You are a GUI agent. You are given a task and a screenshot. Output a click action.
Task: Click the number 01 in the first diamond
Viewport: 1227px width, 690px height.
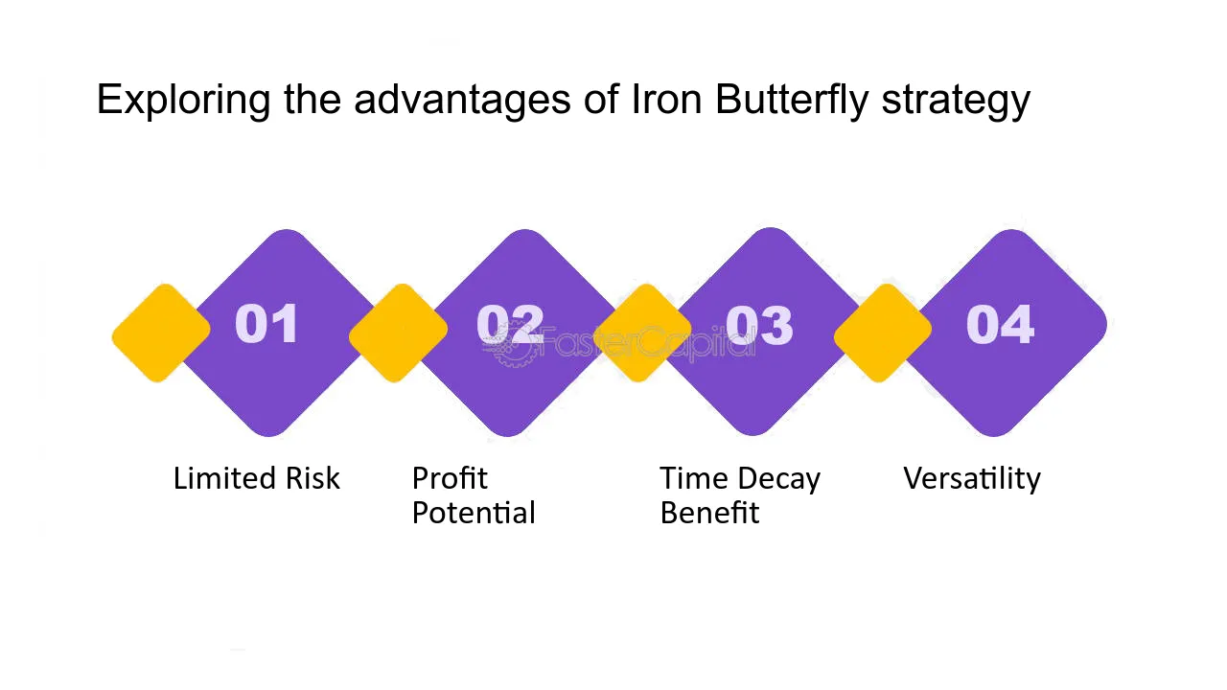tap(266, 324)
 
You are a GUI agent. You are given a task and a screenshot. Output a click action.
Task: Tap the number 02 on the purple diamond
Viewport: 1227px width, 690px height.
tap(510, 324)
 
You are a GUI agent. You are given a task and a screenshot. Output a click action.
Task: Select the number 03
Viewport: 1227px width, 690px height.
tap(759, 325)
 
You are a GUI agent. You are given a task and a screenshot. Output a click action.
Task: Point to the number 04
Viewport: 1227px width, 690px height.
tap(1000, 324)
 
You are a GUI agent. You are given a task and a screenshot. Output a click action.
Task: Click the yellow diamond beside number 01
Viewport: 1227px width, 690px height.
tap(161, 333)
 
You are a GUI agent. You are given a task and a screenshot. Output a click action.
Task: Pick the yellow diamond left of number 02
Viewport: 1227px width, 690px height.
tap(398, 333)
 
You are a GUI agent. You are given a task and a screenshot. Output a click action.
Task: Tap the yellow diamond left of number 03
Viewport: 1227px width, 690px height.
tap(642, 333)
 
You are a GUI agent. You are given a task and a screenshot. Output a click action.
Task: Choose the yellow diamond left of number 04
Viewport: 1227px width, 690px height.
tap(883, 333)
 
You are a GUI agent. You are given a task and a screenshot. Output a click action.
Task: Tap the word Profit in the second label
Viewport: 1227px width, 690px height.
tap(450, 478)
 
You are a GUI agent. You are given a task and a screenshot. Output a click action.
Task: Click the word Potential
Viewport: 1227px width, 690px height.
tap(474, 513)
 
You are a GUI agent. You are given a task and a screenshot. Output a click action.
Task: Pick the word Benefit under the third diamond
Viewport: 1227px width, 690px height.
tap(710, 513)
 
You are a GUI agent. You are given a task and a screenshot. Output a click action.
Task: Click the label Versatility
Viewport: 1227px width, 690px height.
tap(972, 478)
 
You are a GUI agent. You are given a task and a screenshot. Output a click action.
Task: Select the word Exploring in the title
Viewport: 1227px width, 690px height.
tap(183, 100)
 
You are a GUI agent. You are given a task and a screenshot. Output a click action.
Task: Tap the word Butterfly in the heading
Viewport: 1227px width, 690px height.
tap(792, 100)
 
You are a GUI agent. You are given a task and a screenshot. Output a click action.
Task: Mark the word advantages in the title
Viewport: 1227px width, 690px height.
tap(463, 101)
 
